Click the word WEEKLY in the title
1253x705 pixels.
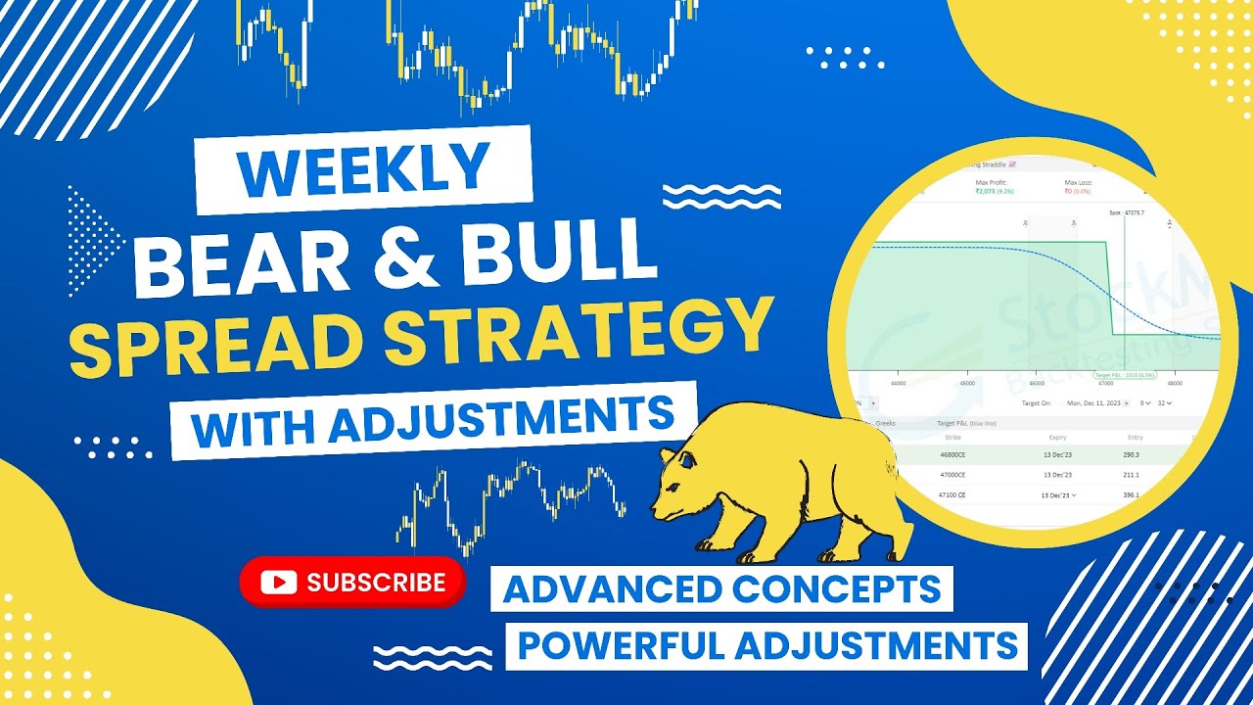point(362,168)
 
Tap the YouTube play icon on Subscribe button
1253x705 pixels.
point(279,583)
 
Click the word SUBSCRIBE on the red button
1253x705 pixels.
point(376,583)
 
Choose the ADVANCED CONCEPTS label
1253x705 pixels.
point(721,588)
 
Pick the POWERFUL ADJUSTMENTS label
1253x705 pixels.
point(766,646)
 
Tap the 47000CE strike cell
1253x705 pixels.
point(951,474)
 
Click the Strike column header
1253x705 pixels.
point(951,438)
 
